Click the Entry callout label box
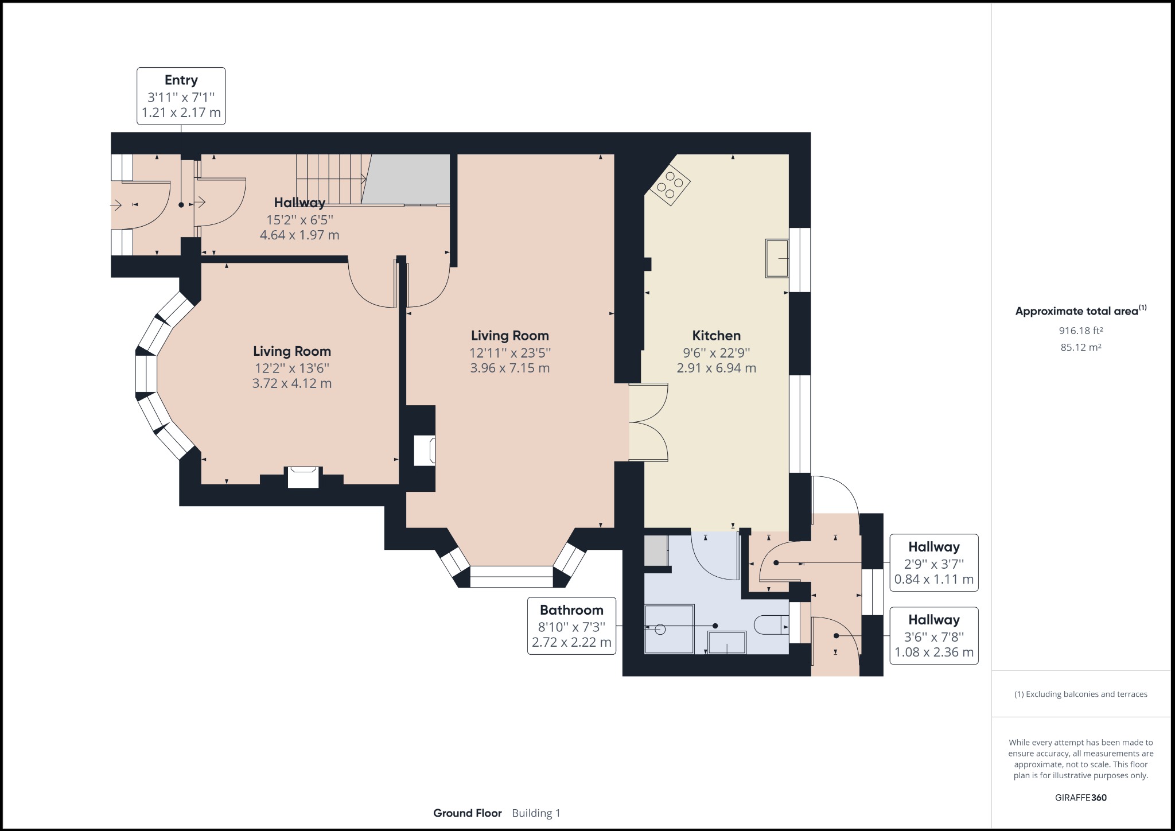181,96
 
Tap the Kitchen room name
716,336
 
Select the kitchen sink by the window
776,259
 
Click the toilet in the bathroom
772,625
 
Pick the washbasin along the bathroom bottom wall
727,642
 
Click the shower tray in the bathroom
669,628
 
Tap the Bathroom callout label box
571,626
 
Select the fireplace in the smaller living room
303,477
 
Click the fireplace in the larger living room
425,451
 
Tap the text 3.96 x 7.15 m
509,368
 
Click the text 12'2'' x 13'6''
292,367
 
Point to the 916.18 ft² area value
1080,331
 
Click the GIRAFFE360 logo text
1080,798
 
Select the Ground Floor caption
467,813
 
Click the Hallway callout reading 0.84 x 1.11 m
933,562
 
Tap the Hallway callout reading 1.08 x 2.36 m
933,635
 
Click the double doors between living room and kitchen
648,422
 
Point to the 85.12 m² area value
1080,347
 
